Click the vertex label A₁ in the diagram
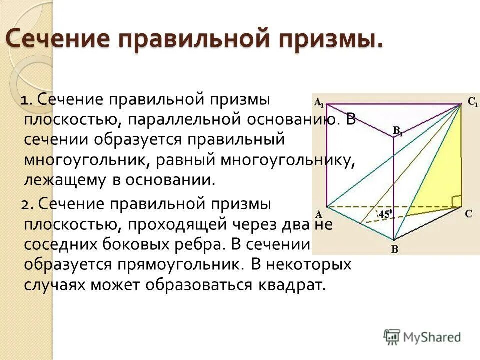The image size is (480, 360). (x=318, y=103)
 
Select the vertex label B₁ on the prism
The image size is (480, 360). (x=398, y=131)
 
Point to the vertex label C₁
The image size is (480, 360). (x=472, y=103)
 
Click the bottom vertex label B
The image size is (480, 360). (x=394, y=249)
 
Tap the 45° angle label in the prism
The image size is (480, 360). (x=386, y=215)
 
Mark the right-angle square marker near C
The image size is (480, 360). (x=456, y=200)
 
